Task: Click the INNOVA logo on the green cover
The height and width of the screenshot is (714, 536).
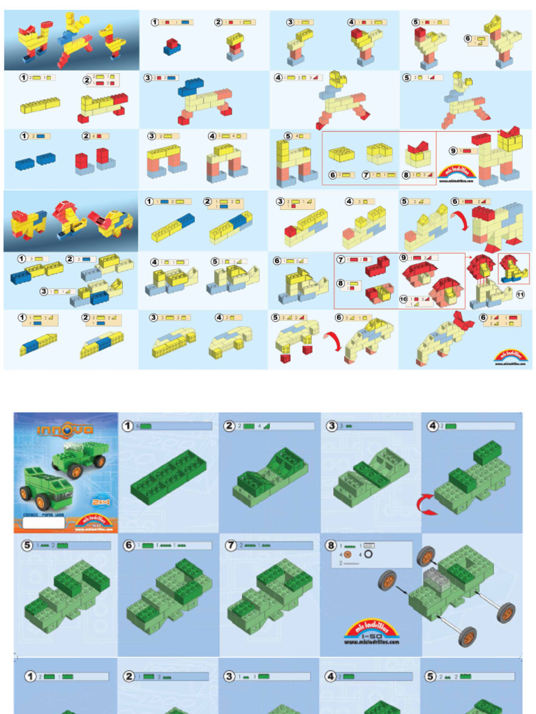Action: click(65, 430)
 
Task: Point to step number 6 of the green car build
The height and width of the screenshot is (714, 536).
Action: click(129, 545)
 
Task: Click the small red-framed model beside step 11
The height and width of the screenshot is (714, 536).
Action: click(514, 269)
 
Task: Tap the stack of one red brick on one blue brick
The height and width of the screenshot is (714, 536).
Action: click(171, 47)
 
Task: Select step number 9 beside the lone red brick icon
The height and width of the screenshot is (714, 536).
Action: click(454, 149)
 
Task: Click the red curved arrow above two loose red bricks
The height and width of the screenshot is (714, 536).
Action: click(333, 342)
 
